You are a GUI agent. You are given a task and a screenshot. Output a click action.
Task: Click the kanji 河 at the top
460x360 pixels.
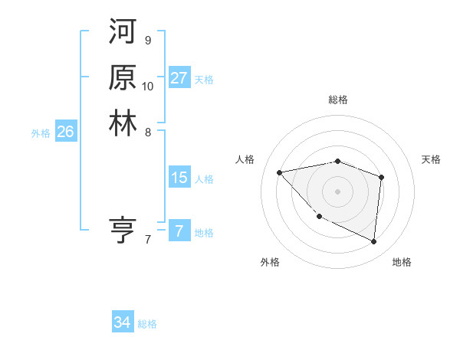point(123,34)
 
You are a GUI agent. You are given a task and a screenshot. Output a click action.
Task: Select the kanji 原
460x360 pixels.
point(123,78)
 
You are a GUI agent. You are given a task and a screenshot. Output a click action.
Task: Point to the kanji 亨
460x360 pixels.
point(123,231)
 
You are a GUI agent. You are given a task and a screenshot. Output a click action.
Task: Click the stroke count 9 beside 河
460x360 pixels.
point(147,41)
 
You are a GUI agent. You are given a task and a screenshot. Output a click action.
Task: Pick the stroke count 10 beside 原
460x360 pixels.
point(148,86)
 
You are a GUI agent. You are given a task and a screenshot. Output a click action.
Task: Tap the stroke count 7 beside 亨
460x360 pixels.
point(147,240)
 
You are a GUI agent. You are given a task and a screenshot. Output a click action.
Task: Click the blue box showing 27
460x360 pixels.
point(179,78)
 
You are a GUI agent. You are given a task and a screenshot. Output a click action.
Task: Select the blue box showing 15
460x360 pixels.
point(179,178)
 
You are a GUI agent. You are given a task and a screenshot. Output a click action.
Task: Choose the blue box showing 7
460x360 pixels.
point(179,231)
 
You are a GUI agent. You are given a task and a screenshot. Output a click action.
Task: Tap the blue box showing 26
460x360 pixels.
point(65,132)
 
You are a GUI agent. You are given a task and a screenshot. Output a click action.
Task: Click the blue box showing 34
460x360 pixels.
point(122,322)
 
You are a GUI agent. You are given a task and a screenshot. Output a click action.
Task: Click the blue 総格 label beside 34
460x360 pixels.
point(147,324)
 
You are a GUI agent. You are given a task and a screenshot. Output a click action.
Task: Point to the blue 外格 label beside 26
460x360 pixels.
point(41,133)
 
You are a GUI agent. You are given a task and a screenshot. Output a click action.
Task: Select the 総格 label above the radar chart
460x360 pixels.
point(338,100)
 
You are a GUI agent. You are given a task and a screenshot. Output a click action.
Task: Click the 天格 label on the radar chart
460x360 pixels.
point(431,159)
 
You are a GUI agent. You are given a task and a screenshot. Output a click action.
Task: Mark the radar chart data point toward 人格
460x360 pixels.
point(280,172)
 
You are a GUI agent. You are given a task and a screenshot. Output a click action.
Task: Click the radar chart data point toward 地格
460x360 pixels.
point(374,242)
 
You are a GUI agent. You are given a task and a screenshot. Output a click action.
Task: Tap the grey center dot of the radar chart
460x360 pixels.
point(338,191)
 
